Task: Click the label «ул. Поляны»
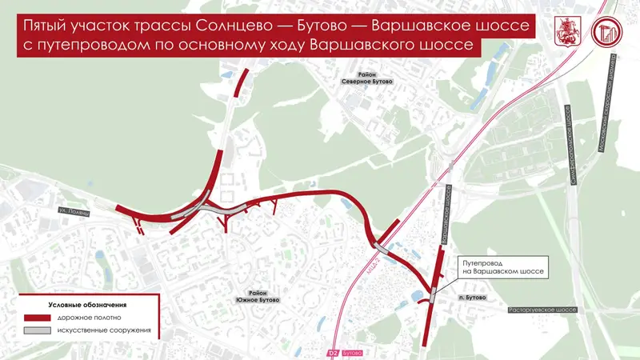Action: pyautogui.click(x=74, y=210)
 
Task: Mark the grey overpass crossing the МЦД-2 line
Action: pyautogui.click(x=382, y=249)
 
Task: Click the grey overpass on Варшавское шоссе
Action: pyautogui.click(x=433, y=294)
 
